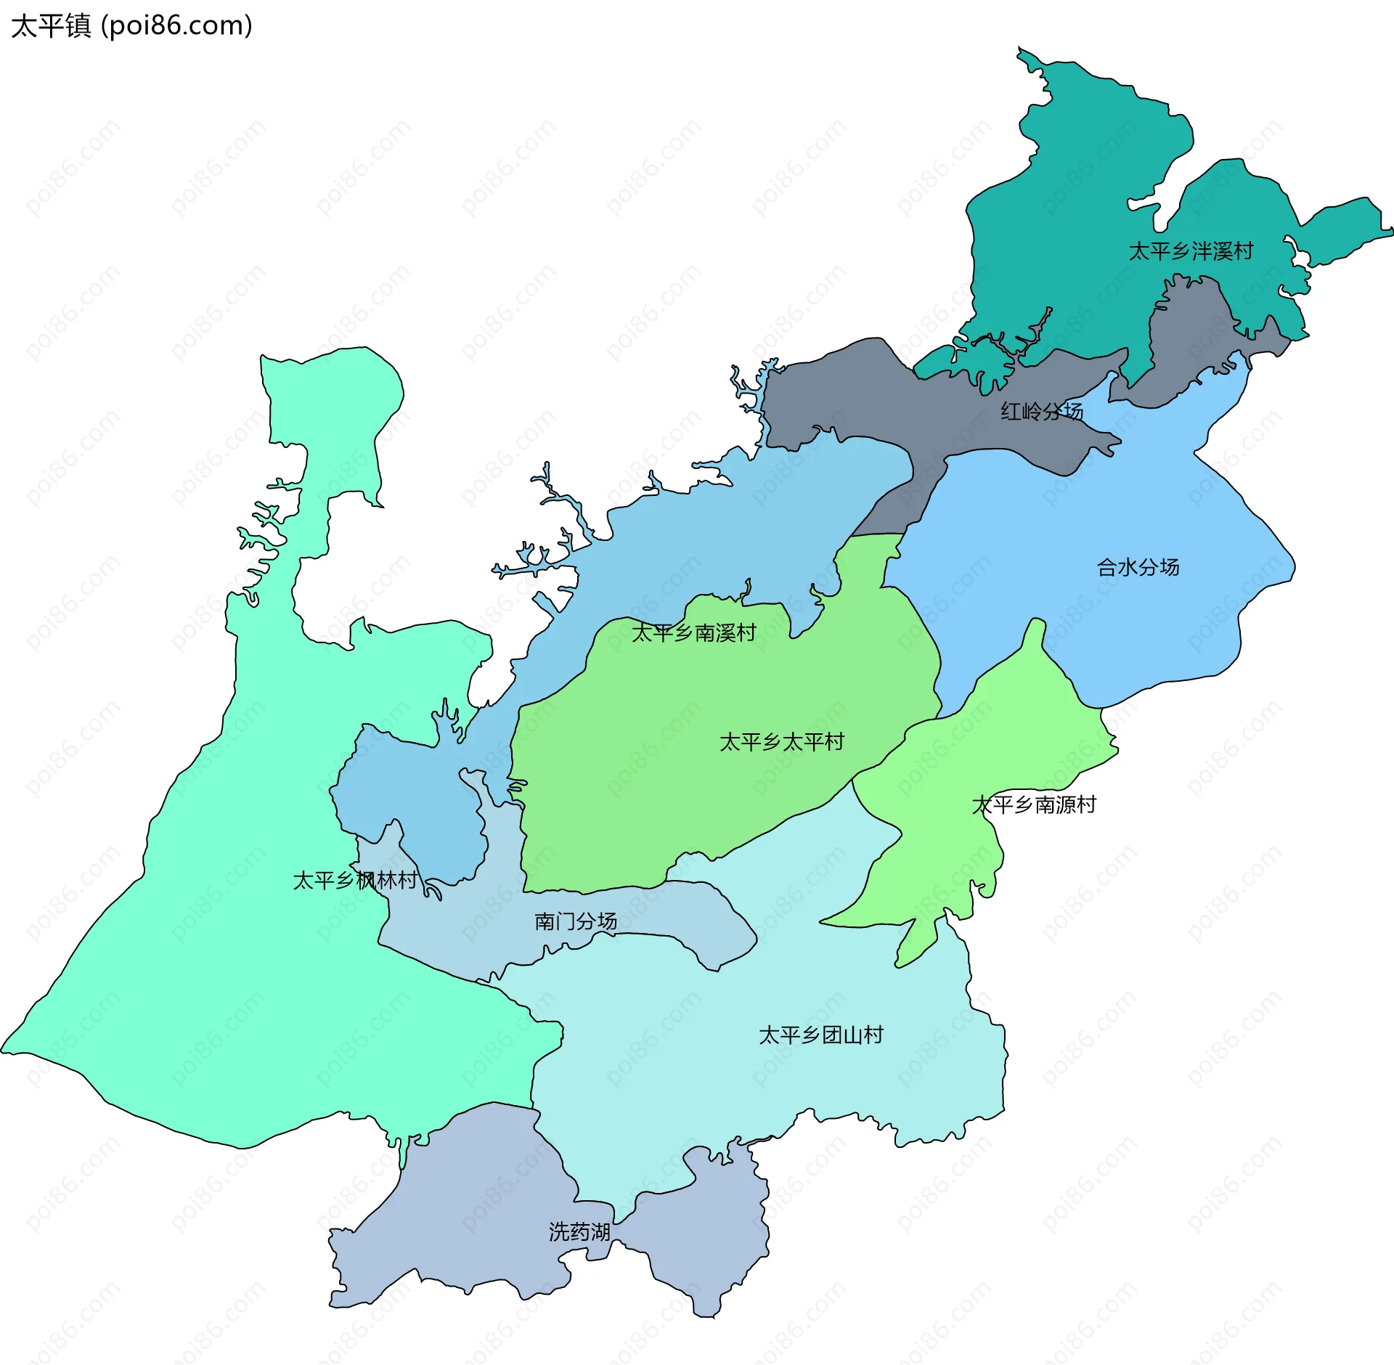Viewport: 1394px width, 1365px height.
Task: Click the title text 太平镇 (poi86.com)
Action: (x=131, y=25)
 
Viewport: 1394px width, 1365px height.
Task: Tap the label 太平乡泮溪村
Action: (x=1191, y=251)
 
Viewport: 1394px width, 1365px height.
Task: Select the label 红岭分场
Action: (x=1042, y=412)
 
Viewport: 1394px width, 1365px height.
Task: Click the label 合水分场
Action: (x=1138, y=567)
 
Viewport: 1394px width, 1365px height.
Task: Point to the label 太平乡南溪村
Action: (x=693, y=633)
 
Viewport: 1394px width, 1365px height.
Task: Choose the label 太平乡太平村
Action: (x=782, y=742)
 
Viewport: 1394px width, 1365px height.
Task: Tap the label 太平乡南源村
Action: (x=1034, y=804)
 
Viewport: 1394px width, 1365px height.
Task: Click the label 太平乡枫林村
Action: (x=355, y=881)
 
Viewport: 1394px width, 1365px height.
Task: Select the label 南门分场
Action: (x=576, y=921)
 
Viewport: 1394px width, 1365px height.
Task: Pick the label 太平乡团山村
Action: (x=821, y=1035)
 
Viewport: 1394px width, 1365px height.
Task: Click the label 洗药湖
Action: (x=579, y=1232)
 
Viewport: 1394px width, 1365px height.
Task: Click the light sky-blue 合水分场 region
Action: (x=1089, y=617)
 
